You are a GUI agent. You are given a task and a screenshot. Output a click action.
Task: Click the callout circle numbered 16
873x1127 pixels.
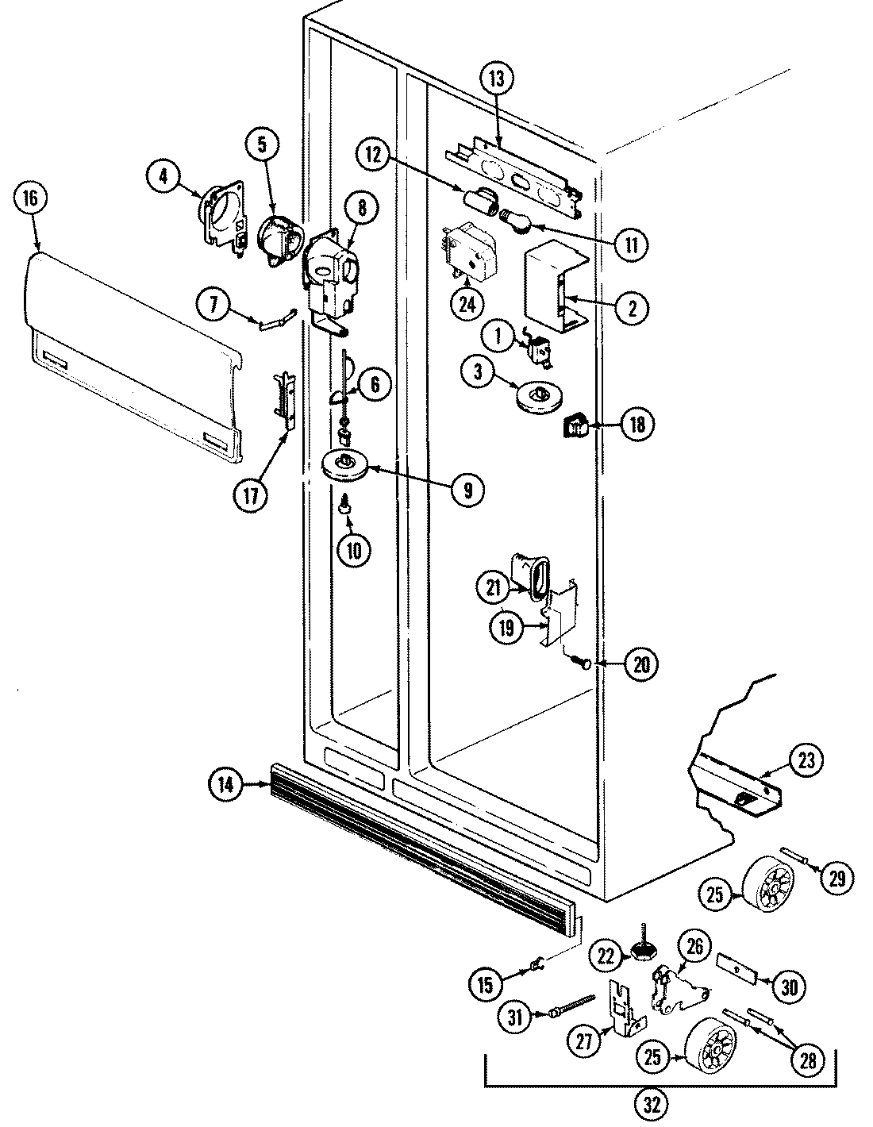(30, 199)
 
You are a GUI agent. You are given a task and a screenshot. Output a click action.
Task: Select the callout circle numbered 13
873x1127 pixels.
(497, 79)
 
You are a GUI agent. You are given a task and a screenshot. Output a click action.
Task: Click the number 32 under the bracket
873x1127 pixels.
(656, 1102)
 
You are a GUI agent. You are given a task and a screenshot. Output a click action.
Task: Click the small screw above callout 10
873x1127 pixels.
(346, 502)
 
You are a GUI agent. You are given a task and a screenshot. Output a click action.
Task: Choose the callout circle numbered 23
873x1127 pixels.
(806, 762)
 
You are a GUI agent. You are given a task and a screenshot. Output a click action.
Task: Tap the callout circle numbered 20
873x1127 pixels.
(641, 664)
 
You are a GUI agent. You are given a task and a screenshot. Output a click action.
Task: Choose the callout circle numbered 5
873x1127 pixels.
(263, 144)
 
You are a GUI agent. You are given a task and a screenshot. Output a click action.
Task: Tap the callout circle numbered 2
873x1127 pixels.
(633, 307)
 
